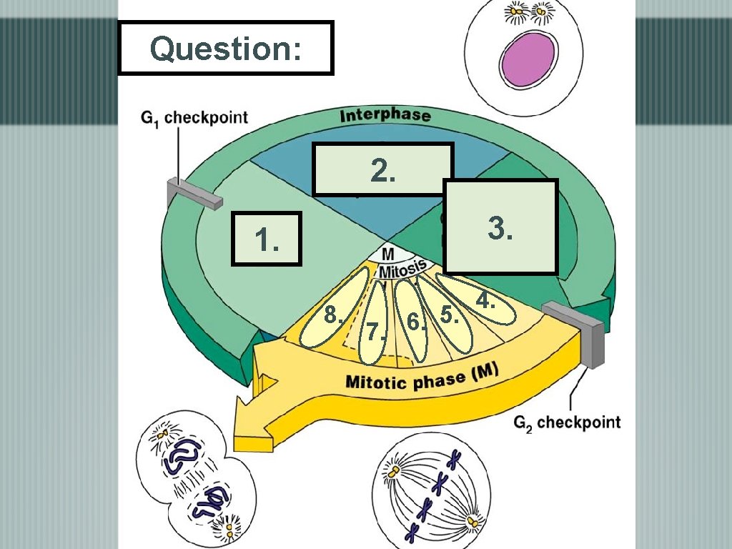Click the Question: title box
point(225,48)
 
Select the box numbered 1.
point(267,239)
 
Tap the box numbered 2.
point(382,169)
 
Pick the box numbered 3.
point(500,227)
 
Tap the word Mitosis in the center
point(402,269)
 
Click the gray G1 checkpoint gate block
point(191,194)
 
